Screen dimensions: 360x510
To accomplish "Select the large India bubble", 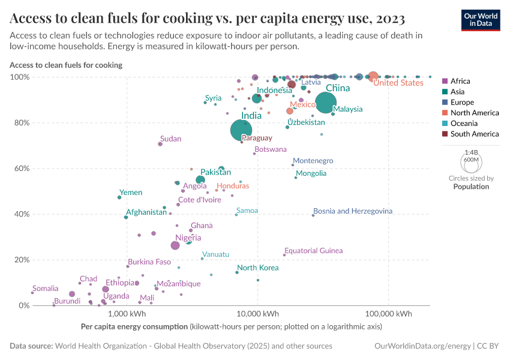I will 241,130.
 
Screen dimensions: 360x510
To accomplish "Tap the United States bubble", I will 373,76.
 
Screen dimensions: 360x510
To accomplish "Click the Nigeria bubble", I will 175,245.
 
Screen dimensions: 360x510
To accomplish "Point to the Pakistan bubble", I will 200,180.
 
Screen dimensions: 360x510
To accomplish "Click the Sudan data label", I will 170,139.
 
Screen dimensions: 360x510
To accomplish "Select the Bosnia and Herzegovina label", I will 353,211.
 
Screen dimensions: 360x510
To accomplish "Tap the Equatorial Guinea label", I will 313,250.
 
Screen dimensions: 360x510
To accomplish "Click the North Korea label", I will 257,268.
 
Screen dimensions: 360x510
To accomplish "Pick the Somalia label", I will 46,289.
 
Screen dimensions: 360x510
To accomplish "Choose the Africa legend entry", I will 460,81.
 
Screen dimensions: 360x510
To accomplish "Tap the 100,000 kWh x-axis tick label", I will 388,314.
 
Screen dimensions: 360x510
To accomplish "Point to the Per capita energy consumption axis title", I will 134,327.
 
